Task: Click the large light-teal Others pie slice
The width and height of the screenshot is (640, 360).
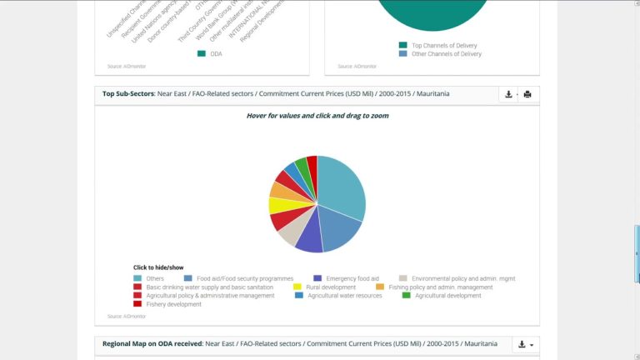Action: pos(340,187)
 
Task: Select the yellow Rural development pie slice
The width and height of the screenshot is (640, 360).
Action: pos(277,205)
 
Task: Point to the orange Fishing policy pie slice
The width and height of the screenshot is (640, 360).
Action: pos(279,191)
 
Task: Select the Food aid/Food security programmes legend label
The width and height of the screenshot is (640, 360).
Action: pos(244,278)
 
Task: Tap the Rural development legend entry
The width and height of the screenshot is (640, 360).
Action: pos(330,287)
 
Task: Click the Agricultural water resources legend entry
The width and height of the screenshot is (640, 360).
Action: pos(344,296)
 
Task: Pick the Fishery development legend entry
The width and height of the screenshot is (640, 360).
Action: pos(173,304)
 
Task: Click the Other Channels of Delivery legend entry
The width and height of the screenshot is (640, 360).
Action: pos(446,54)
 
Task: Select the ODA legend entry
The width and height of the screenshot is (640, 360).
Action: pos(215,54)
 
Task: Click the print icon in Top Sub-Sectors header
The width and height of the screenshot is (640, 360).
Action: pos(527,94)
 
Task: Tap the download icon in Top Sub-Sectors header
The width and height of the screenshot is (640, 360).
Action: pos(508,94)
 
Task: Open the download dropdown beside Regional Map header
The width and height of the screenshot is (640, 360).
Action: pos(526,344)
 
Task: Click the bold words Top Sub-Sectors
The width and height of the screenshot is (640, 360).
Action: pos(128,94)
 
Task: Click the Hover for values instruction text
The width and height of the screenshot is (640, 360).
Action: pos(317,116)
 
